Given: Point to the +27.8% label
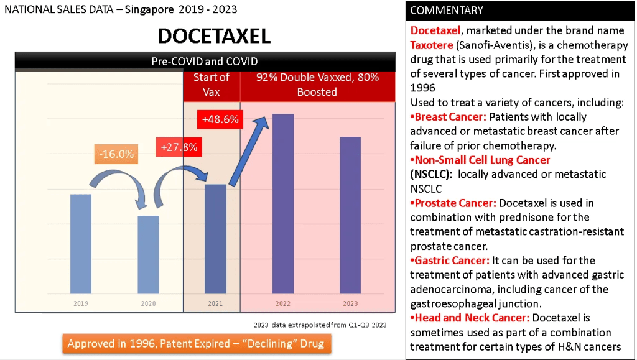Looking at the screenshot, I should [x=179, y=147].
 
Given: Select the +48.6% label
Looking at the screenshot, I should [x=220, y=119].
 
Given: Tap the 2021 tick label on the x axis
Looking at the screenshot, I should [x=215, y=303].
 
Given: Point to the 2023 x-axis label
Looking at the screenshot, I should [x=350, y=303].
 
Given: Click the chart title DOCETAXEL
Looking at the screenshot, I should [x=214, y=36].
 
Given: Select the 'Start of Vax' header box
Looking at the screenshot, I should [x=212, y=85].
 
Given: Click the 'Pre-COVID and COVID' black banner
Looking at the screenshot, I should [x=205, y=61].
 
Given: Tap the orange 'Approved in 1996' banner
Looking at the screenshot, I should [x=196, y=344].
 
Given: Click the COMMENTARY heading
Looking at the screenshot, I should [x=447, y=11].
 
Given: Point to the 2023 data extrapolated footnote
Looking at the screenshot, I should [x=320, y=325].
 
